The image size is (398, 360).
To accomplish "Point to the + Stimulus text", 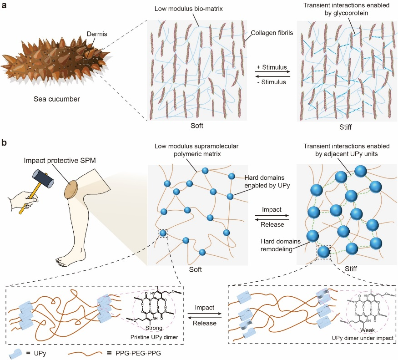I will [x=272, y=67].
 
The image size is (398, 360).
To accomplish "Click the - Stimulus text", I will [x=272, y=82].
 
